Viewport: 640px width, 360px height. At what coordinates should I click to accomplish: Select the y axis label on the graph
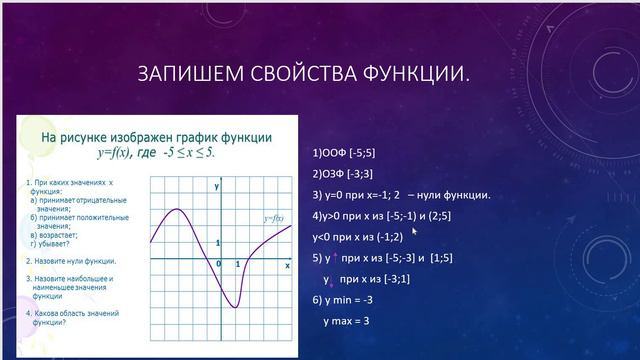(216, 187)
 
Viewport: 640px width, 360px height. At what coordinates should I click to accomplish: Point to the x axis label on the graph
(287, 266)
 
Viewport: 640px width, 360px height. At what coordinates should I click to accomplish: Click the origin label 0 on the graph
(219, 264)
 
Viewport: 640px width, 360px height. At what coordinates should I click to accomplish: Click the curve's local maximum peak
(177, 209)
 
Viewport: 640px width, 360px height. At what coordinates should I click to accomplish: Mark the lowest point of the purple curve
(233, 306)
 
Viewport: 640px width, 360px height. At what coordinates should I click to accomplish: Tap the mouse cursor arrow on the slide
(414, 230)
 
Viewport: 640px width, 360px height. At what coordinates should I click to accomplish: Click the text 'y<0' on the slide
(323, 236)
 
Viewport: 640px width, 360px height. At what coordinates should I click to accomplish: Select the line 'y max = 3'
(347, 321)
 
